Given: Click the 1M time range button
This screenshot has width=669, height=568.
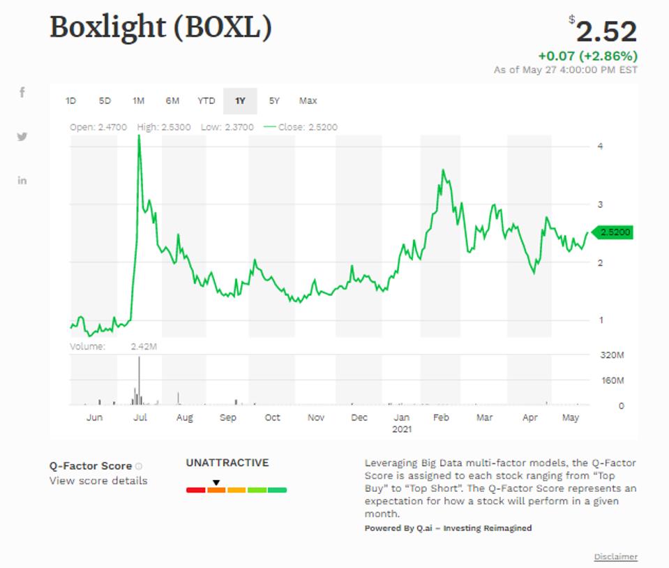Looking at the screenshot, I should (x=138, y=101).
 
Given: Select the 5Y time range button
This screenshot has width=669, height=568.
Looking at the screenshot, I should (x=274, y=101).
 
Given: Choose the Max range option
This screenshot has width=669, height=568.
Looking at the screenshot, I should (x=308, y=101).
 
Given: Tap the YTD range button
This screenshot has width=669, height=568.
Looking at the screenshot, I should (x=206, y=101).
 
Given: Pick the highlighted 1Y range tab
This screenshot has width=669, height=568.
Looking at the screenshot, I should (x=240, y=101).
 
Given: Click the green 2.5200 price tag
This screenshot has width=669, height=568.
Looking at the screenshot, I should (x=614, y=232).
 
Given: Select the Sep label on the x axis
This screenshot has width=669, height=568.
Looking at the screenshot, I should (x=227, y=417).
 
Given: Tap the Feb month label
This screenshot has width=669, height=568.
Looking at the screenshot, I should (x=440, y=417).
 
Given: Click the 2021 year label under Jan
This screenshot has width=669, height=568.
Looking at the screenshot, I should (x=401, y=428).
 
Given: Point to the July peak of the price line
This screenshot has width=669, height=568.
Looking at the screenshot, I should (x=140, y=136).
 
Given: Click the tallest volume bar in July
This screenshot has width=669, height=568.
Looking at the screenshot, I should (x=139, y=380).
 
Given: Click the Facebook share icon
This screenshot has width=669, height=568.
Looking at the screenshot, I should (x=22, y=92).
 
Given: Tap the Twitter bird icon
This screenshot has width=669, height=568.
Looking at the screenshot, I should (x=22, y=137).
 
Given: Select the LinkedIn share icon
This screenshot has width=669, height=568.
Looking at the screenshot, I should (x=22, y=181).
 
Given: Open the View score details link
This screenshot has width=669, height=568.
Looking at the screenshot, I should (x=98, y=481).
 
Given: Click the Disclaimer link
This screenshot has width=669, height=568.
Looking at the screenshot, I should (x=615, y=557).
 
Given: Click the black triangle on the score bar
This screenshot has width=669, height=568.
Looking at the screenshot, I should (x=216, y=482).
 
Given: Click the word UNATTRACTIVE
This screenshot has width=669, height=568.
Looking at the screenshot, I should (x=227, y=463).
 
